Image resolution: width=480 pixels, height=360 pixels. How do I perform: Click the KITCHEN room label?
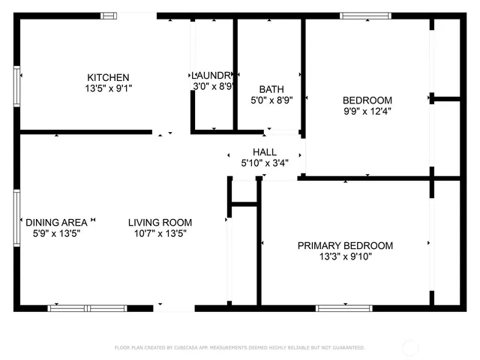[x=108, y=77]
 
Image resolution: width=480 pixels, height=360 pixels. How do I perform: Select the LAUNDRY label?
[x=214, y=75]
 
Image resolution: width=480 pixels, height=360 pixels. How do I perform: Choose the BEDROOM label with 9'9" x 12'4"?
[x=367, y=100]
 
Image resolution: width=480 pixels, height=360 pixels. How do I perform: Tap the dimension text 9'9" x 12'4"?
[x=367, y=111]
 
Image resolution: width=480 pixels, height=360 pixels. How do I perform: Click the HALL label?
[x=264, y=151]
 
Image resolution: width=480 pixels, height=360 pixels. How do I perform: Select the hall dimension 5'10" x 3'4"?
[x=264, y=163]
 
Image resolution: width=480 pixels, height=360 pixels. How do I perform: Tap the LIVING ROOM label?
[x=160, y=222]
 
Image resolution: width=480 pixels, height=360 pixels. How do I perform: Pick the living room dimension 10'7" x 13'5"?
[x=160, y=233]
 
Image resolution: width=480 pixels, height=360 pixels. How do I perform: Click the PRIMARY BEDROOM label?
[x=345, y=245]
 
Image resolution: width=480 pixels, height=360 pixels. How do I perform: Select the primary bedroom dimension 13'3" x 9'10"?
[x=345, y=256]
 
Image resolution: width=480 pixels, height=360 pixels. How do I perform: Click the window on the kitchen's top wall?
[x=109, y=15]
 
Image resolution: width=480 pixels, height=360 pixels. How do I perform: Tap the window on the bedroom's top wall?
[x=365, y=15]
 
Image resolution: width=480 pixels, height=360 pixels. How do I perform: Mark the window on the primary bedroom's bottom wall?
[x=344, y=307]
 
